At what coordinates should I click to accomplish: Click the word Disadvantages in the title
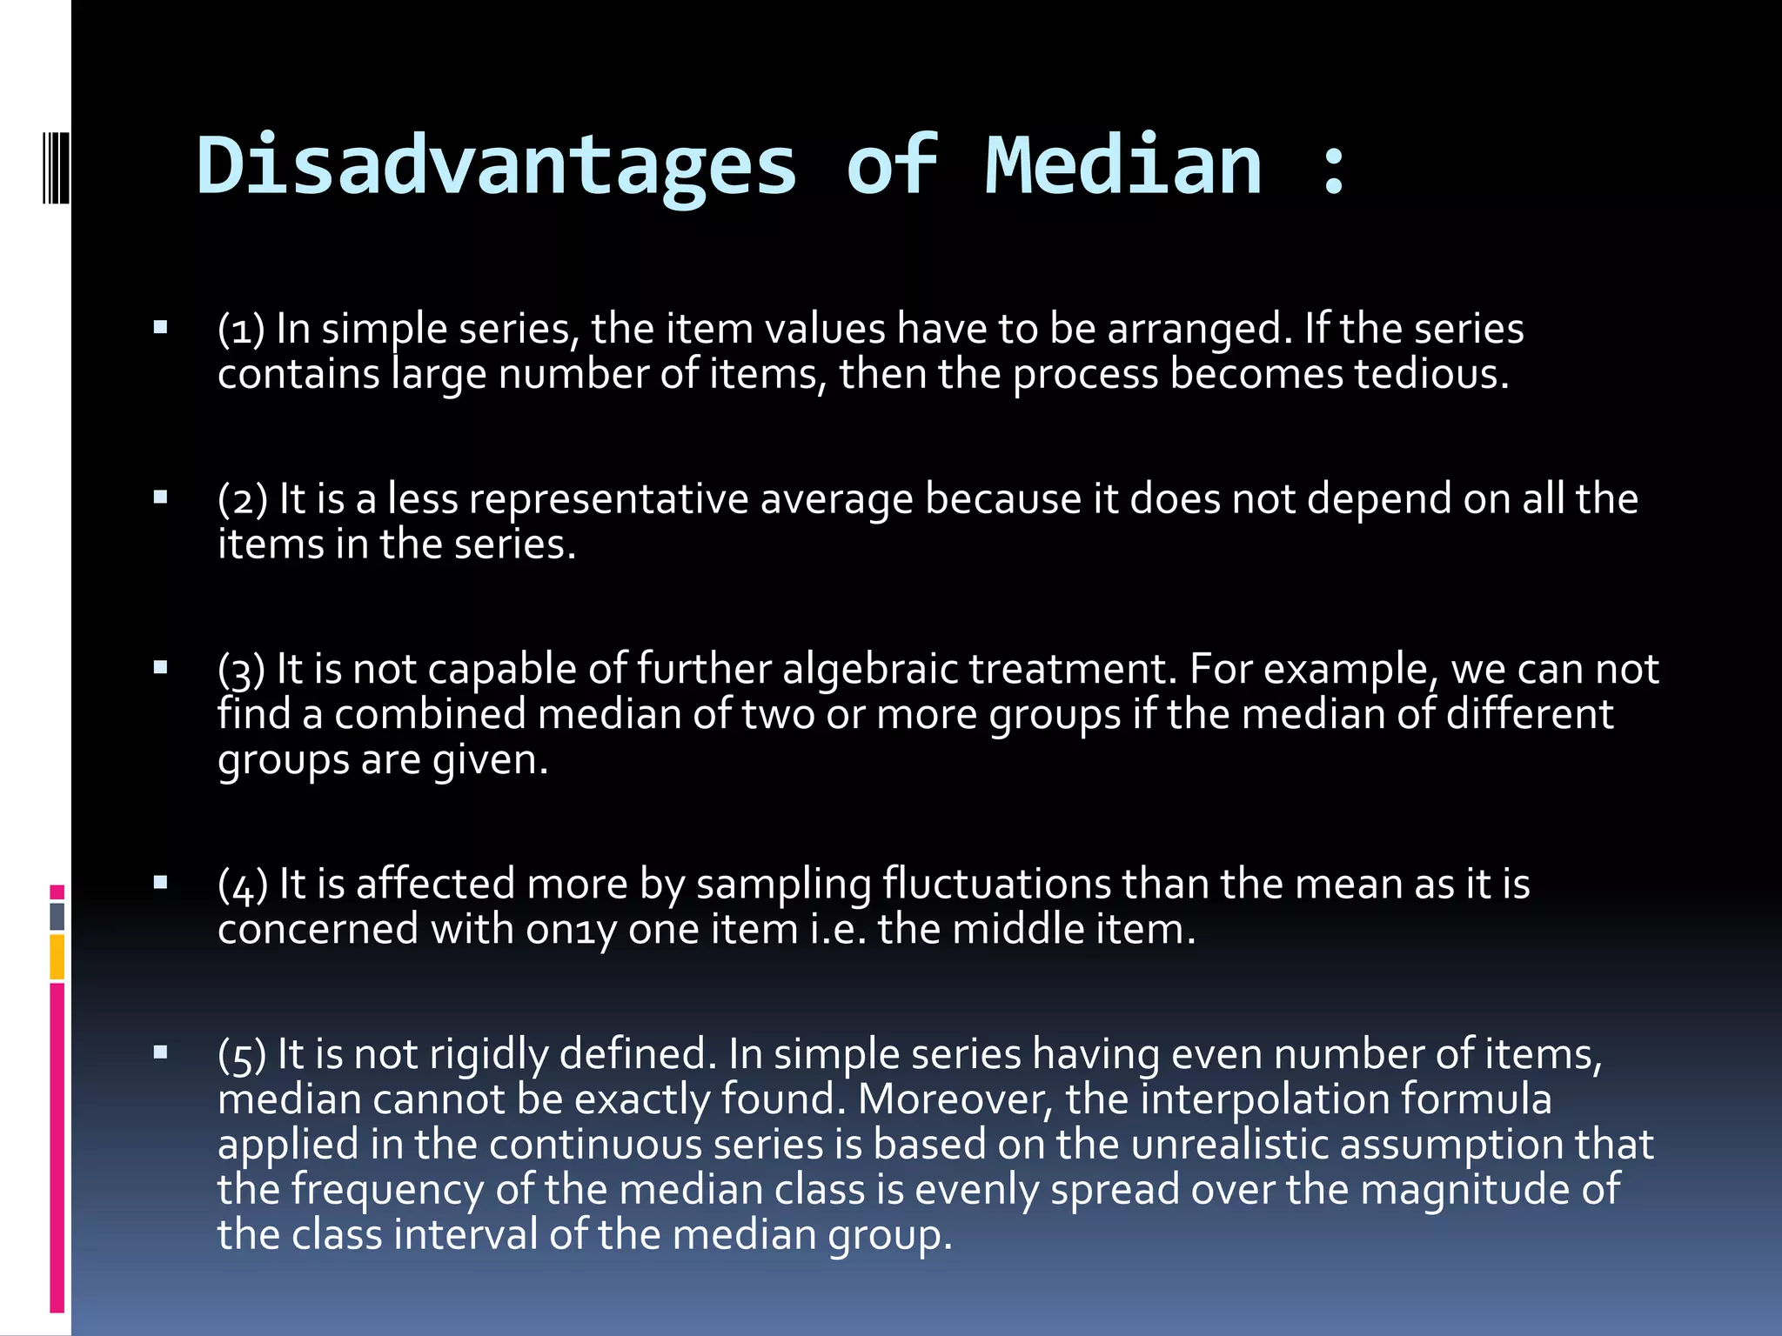coord(496,165)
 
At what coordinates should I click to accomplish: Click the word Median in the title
coord(1123,165)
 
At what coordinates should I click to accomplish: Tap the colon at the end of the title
coord(1333,165)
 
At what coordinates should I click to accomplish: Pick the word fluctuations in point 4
coord(996,884)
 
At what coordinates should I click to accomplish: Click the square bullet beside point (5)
coord(160,1053)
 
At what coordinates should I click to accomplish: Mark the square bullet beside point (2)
coord(160,498)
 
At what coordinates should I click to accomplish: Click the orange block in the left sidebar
coord(57,957)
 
